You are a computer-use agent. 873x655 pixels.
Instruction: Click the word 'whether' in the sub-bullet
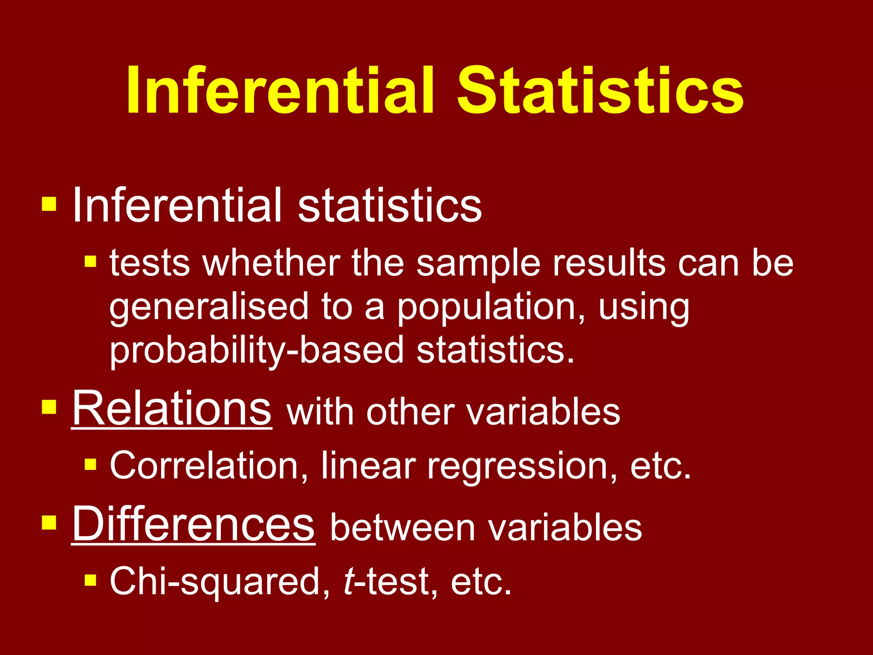click(271, 263)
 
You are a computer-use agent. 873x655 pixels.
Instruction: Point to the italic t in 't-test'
click(348, 582)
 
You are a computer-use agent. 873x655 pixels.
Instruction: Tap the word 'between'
click(402, 528)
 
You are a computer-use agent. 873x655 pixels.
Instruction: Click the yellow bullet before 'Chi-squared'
click(90, 580)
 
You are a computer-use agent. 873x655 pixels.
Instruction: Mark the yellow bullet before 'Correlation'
click(90, 464)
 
